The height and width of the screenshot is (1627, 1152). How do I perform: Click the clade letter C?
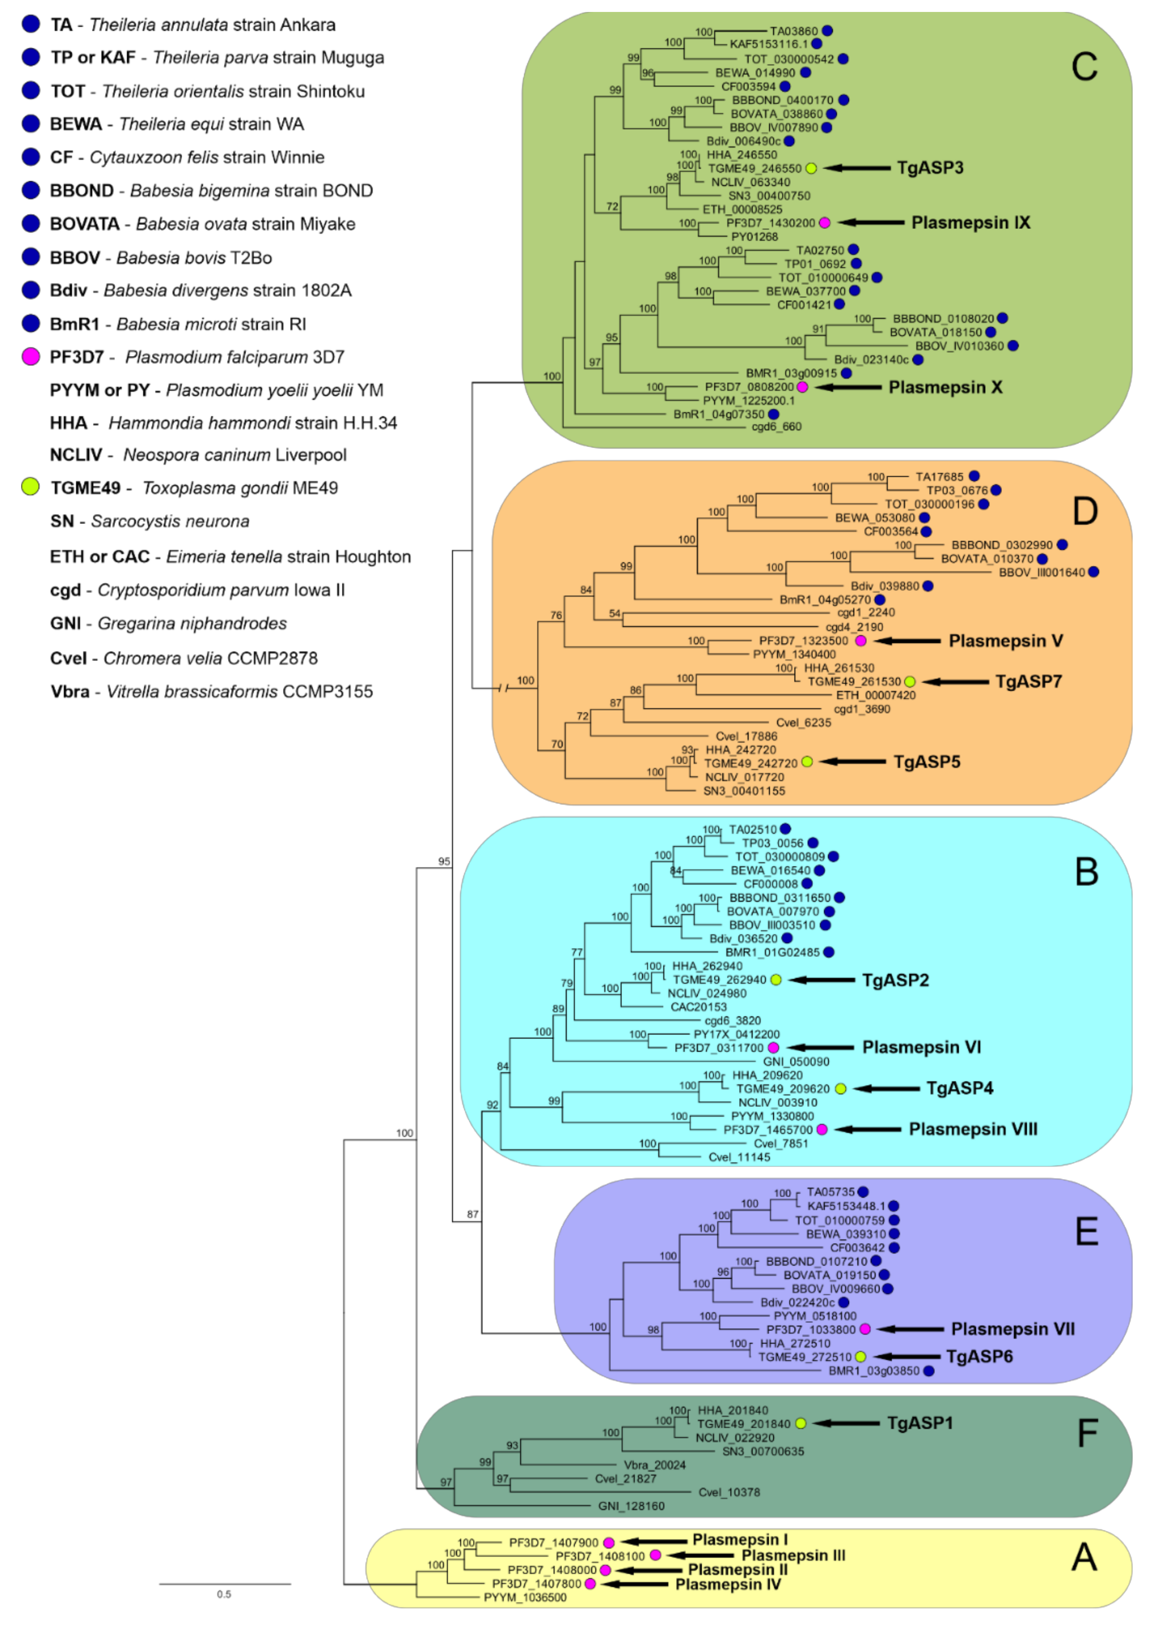point(1084,67)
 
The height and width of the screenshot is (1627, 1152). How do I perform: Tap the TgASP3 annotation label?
point(930,168)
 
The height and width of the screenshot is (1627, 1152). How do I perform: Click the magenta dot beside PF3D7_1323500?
point(860,641)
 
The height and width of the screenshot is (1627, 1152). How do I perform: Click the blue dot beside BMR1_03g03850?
point(928,1371)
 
